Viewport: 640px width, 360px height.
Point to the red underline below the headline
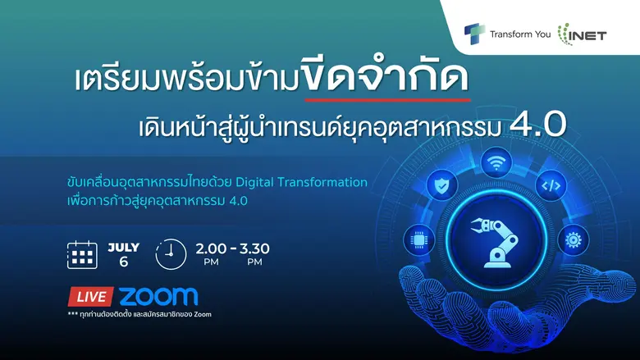(x=386, y=98)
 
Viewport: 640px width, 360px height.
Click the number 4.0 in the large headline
(x=538, y=124)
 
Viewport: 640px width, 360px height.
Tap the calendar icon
(x=82, y=255)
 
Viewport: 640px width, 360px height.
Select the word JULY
(x=124, y=247)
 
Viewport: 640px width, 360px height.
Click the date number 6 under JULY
(x=124, y=263)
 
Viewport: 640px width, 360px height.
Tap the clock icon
(x=171, y=254)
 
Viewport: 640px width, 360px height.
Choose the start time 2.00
(x=211, y=248)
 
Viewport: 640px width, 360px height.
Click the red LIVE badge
(x=89, y=297)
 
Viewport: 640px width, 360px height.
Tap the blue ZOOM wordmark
(x=158, y=296)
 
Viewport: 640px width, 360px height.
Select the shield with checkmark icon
(x=442, y=186)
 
